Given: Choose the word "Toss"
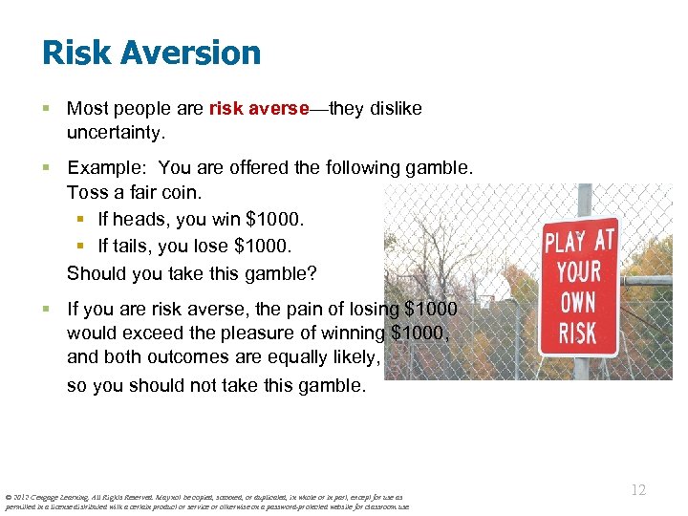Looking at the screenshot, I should pos(88,194).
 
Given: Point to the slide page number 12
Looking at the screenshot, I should pos(639,490).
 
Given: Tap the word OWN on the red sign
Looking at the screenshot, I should pos(578,305).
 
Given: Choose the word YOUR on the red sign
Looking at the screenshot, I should pos(579,272).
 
